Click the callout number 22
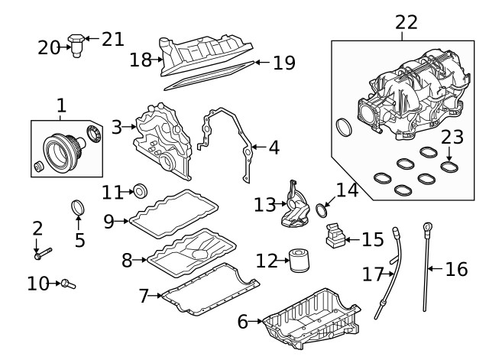tap(406, 22)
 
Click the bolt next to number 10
tap(69, 284)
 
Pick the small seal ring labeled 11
tap(141, 190)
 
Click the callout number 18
tap(141, 60)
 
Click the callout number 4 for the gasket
tap(273, 146)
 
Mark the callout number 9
tap(108, 221)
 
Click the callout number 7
tap(144, 295)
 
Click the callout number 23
tap(452, 138)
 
